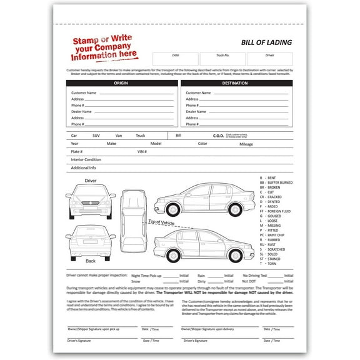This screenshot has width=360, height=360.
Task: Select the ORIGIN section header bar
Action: pyautogui.click(x=122, y=82)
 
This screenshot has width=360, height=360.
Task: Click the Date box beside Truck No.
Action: pyautogui.click(x=175, y=59)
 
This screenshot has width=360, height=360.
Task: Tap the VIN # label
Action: pyautogui.click(x=142, y=151)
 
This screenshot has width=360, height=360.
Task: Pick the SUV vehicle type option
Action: pyautogui.click(x=96, y=135)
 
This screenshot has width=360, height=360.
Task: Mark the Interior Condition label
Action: pyautogui.click(x=86, y=159)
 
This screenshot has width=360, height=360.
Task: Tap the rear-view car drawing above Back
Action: pyautogui.click(x=90, y=241)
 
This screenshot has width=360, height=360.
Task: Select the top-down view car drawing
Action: pyautogui.click(x=132, y=220)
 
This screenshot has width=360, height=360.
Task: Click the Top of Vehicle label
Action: pyautogui.click(x=161, y=222)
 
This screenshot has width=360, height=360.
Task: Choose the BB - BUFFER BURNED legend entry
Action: pyautogui.click(x=276, y=182)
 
